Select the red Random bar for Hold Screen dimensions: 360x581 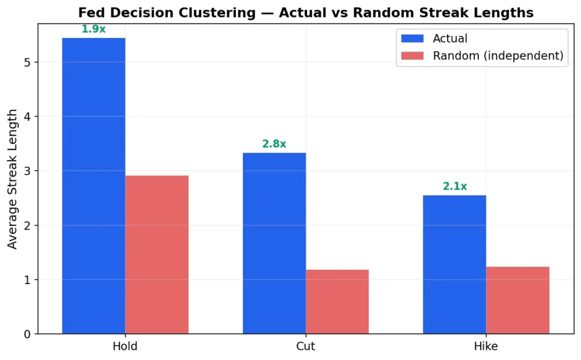click(157, 255)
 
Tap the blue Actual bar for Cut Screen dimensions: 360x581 click(274, 243)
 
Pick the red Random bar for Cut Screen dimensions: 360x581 click(337, 302)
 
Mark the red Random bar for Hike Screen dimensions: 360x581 click(517, 300)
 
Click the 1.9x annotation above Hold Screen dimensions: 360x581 click(94, 29)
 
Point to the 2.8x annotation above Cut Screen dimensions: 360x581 click(274, 144)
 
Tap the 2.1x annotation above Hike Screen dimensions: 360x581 click(454, 187)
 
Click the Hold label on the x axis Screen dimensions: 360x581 click(125, 346)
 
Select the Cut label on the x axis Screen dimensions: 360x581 click(306, 346)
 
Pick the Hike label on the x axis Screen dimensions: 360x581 click(486, 346)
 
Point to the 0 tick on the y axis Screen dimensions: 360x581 click(28, 334)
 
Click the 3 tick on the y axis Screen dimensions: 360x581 click(28, 171)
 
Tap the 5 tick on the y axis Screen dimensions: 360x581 click(28, 62)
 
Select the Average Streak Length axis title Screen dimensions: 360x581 click(12, 179)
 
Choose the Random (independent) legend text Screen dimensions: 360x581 click(498, 56)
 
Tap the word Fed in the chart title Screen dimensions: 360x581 click(89, 12)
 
